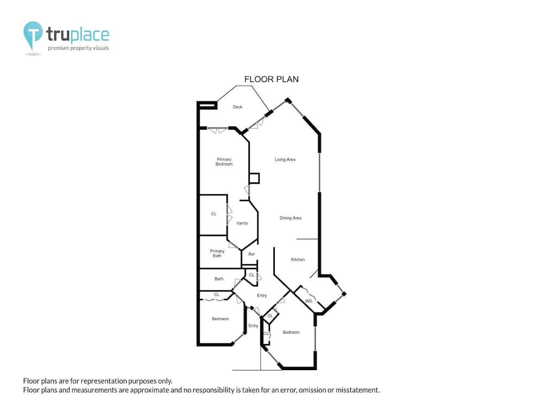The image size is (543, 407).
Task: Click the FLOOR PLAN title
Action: [x=271, y=79]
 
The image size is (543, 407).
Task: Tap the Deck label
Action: [x=238, y=107]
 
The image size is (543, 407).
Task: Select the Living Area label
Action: [x=285, y=160]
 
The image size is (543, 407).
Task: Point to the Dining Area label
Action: [x=291, y=218]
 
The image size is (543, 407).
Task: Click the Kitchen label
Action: [x=298, y=259]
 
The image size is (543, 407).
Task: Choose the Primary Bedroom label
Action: [x=224, y=162]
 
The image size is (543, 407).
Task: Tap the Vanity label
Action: [x=242, y=223]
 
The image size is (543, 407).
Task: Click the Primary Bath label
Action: [x=217, y=253]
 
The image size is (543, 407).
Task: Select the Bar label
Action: [x=252, y=254]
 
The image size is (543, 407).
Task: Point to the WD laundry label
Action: [x=308, y=301]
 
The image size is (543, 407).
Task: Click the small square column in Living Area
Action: [x=254, y=178]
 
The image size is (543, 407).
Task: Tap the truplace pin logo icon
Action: [x=33, y=35]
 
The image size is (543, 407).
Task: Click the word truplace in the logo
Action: [x=78, y=35]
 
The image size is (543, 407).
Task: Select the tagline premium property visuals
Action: [x=78, y=48]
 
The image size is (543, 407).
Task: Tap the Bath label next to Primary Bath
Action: [x=219, y=279]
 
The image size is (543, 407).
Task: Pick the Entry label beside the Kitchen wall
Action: [x=262, y=296]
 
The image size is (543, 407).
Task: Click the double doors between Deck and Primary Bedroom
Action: [x=218, y=130]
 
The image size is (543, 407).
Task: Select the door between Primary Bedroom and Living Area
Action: [x=247, y=190]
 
